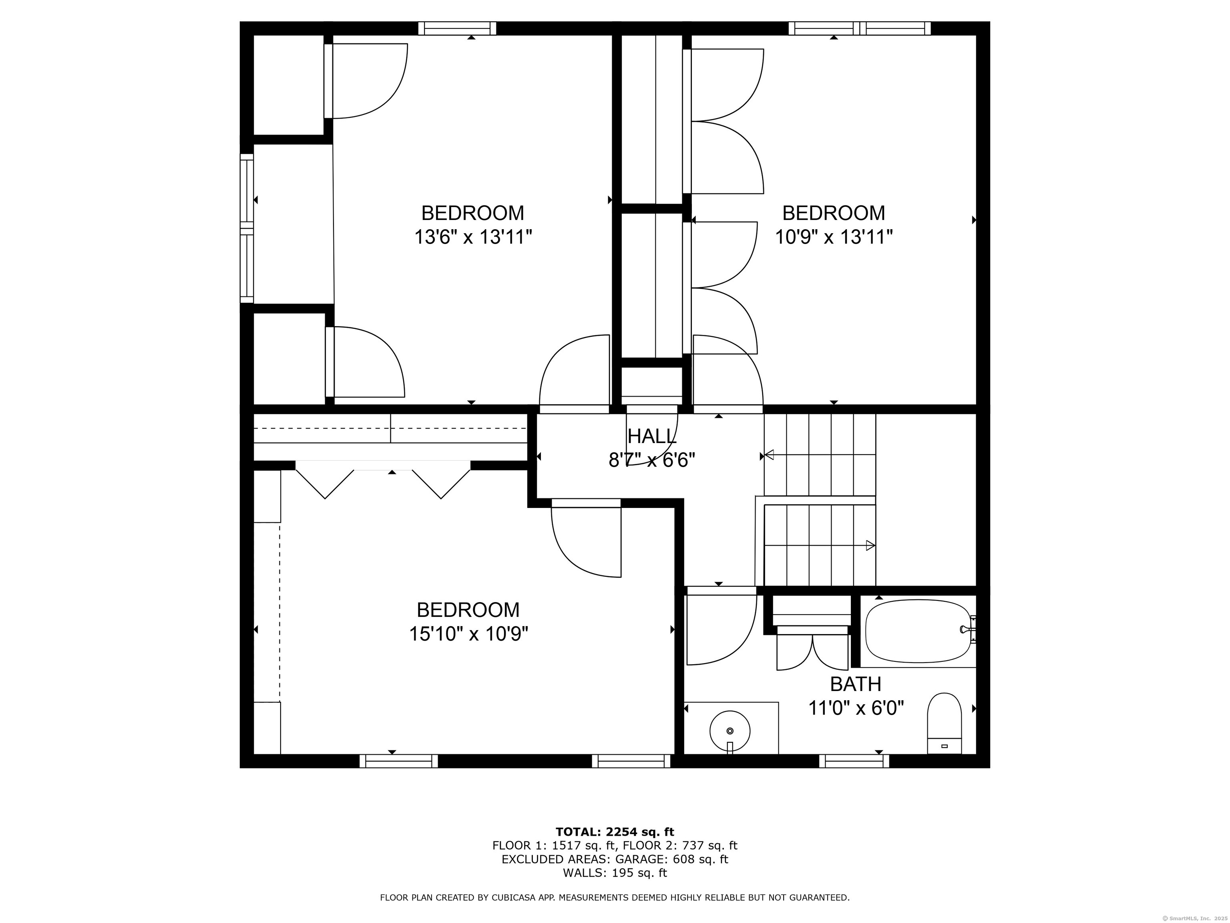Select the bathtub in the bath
918,631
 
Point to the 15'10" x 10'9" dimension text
468,634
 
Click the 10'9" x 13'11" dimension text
834,238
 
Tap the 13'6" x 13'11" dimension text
472,238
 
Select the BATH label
855,684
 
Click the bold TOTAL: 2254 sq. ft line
615,832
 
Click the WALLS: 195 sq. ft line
615,873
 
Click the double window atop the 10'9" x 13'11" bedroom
860,28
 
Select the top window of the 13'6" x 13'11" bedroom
457,28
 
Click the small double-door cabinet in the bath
812,651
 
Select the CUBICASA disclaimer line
615,897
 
